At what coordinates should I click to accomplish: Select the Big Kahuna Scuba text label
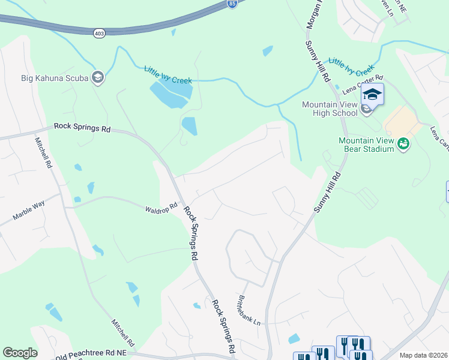coord(54,78)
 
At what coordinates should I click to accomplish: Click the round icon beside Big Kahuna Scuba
coord(97,77)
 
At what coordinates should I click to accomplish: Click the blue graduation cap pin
coord(372,95)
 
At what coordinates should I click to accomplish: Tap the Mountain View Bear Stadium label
coord(366,145)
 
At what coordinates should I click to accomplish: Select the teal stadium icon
coord(403,144)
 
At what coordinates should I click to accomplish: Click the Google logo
coord(20,353)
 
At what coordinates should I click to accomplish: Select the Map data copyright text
coord(423,355)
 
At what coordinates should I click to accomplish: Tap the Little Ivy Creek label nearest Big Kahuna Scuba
coord(168,75)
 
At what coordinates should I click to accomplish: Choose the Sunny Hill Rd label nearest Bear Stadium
coord(328,191)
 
